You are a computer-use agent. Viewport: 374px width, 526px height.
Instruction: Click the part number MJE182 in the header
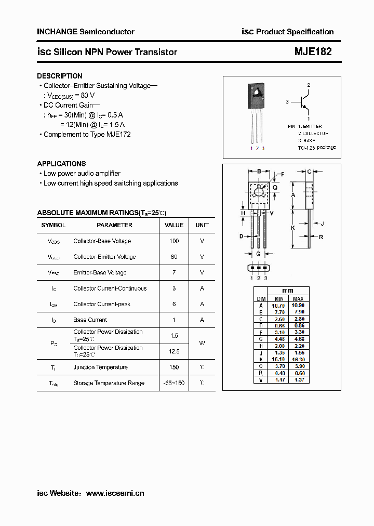click(313, 51)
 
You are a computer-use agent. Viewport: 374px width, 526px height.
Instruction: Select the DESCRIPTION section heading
click(60, 76)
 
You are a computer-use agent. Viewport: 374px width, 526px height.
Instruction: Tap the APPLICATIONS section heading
click(61, 164)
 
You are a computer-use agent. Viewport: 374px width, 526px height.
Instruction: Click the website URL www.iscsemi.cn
click(115, 493)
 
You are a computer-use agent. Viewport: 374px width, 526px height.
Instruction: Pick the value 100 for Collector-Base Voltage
click(174, 241)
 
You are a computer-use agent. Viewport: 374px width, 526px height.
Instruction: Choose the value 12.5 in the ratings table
click(174, 352)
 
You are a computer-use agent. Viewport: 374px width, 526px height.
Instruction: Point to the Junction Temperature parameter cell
click(100, 367)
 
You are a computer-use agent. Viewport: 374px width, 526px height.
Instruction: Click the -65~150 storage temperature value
click(174, 383)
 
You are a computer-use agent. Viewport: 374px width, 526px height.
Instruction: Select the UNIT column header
click(202, 225)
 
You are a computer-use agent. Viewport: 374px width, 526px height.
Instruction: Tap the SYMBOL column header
click(54, 225)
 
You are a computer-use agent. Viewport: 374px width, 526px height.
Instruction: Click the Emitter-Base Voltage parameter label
click(100, 273)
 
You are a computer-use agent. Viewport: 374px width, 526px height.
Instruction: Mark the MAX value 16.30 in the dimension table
click(298, 359)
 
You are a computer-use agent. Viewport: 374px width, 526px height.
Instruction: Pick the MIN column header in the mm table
click(279, 299)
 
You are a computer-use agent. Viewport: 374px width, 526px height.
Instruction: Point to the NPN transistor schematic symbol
click(304, 101)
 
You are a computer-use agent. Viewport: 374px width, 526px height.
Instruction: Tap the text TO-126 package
click(317, 148)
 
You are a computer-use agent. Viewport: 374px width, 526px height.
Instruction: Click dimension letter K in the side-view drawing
click(293, 228)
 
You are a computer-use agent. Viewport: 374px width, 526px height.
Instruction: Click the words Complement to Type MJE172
click(87, 135)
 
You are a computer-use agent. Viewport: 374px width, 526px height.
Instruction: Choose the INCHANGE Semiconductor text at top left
click(86, 32)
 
